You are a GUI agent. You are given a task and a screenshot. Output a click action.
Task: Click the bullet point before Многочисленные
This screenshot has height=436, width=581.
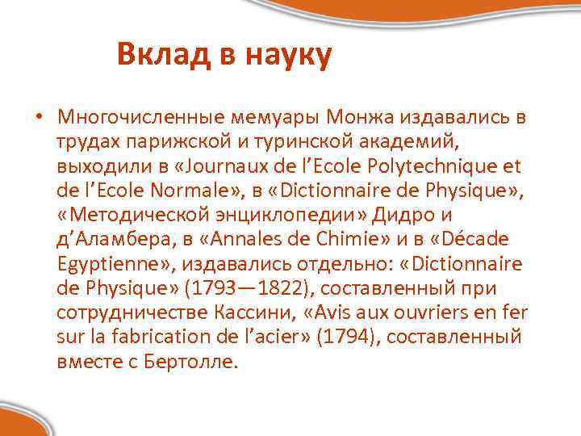[x=38, y=119]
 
